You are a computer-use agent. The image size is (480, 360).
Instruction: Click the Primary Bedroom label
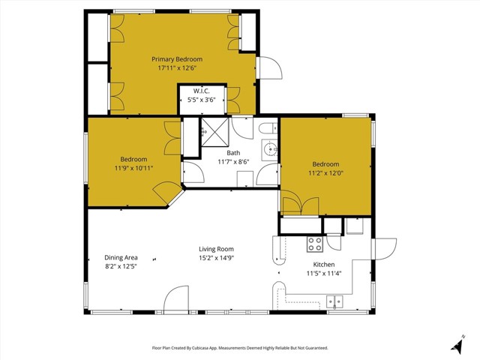[177, 58]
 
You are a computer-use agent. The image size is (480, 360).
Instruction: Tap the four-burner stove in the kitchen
[315, 244]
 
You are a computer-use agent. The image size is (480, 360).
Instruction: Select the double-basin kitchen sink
[334, 302]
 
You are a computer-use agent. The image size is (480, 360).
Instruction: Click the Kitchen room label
[323, 265]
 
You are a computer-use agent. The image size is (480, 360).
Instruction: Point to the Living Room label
[216, 249]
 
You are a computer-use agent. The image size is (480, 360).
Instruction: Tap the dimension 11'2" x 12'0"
[325, 173]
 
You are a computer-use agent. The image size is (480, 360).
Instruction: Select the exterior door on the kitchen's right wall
[384, 250]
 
